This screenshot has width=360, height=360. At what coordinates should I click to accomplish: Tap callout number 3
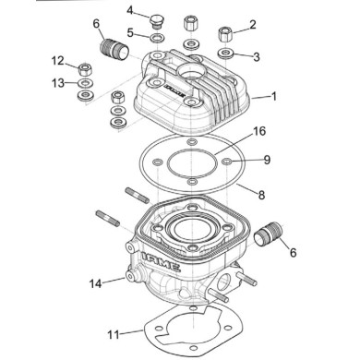(256, 56)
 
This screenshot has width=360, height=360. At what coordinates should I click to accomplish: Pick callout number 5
(131, 32)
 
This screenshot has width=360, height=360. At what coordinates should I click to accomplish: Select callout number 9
(267, 160)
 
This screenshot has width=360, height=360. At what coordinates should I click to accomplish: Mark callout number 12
(57, 62)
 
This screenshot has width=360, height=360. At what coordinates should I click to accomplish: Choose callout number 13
(57, 82)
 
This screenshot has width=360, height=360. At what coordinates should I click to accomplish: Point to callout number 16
(260, 132)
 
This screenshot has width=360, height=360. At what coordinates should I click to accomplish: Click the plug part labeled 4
(156, 18)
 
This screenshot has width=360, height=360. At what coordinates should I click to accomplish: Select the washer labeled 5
(158, 38)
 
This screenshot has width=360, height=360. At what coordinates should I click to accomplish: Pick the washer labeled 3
(225, 54)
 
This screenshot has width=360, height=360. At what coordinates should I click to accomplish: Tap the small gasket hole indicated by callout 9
(226, 164)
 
